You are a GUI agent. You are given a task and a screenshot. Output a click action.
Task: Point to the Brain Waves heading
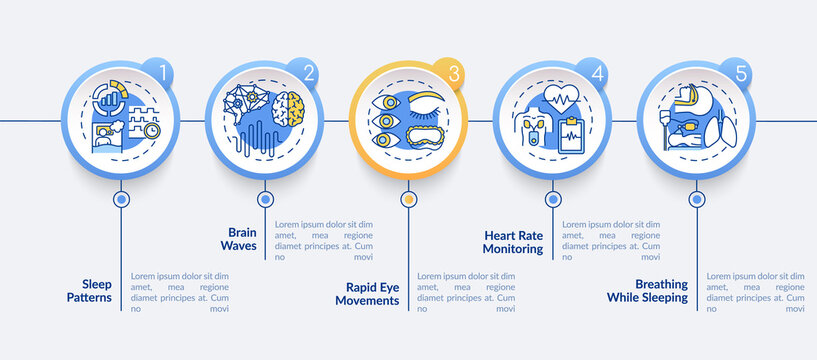[238, 237]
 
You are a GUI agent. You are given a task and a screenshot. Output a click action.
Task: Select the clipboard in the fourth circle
[572, 135]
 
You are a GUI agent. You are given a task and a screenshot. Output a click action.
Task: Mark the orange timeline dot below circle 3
[408, 199]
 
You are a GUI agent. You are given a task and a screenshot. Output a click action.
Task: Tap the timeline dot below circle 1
[121, 199]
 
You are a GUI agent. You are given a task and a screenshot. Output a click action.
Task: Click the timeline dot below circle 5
[696, 199]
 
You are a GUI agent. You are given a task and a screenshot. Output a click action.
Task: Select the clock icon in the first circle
[151, 130]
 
